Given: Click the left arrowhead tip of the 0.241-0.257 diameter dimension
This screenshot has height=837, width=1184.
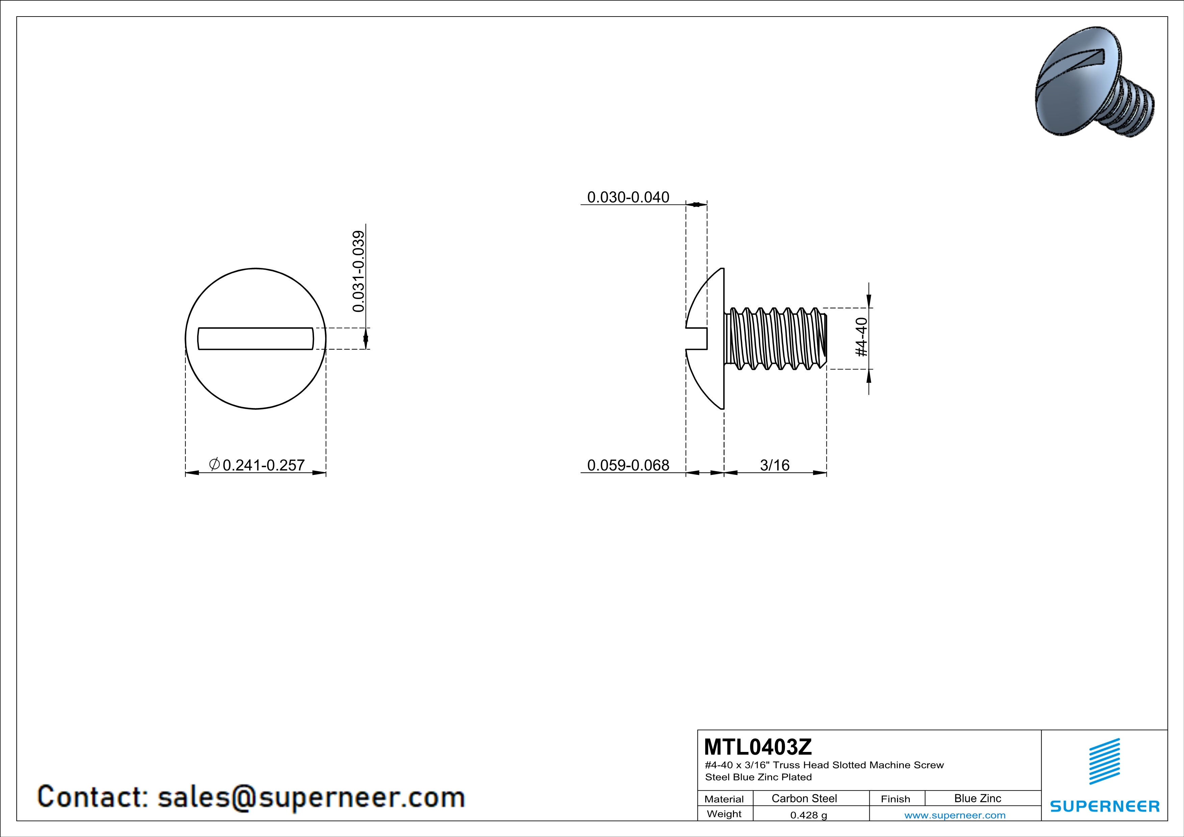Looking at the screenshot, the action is (x=186, y=472).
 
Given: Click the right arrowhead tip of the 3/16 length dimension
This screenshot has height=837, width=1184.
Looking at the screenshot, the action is (x=826, y=472).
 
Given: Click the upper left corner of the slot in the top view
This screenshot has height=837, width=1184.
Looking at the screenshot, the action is (x=199, y=328).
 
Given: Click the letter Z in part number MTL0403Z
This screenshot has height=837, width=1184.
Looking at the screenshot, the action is (x=805, y=746).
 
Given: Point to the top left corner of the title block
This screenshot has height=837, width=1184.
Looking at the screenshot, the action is (x=698, y=730).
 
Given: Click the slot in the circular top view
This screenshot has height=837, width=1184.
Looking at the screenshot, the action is (x=256, y=339).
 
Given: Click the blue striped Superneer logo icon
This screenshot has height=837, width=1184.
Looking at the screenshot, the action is (x=1104, y=761).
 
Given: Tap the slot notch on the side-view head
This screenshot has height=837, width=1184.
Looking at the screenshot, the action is (x=696, y=339).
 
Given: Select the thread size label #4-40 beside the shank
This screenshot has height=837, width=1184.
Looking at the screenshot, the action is (x=862, y=337).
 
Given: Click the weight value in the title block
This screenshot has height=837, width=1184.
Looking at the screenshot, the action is (x=809, y=815).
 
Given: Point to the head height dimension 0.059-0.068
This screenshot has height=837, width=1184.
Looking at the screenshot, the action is (x=628, y=465).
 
